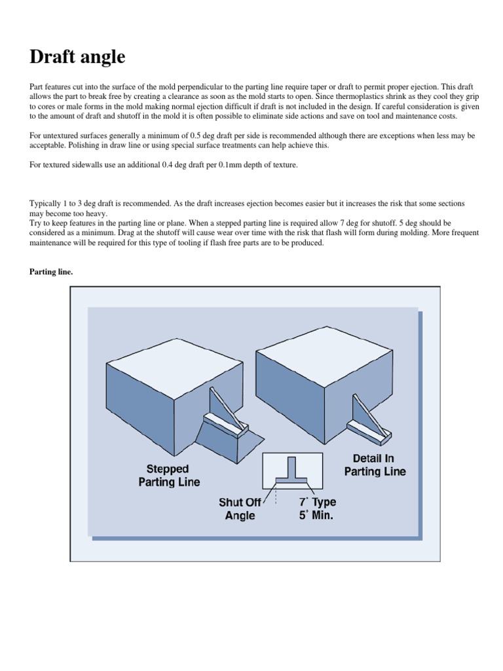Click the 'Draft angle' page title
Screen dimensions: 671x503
(77, 57)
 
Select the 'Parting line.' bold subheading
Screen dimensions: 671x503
(51, 272)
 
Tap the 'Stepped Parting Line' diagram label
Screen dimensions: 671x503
(169, 475)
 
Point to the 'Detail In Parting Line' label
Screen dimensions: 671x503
(375, 465)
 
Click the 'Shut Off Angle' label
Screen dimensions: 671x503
(240, 508)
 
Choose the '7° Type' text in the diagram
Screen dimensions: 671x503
(318, 502)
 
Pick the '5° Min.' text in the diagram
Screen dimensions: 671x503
(317, 515)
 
